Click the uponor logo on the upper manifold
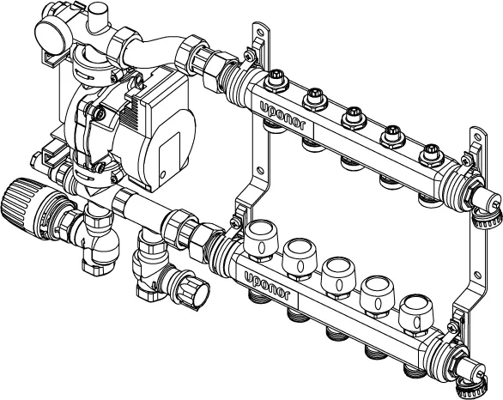pyautogui.click(x=282, y=116)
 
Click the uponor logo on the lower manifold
pyautogui.click(x=267, y=286)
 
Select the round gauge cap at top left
pyautogui.click(x=51, y=38)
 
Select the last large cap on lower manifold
pyautogui.click(x=416, y=315)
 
